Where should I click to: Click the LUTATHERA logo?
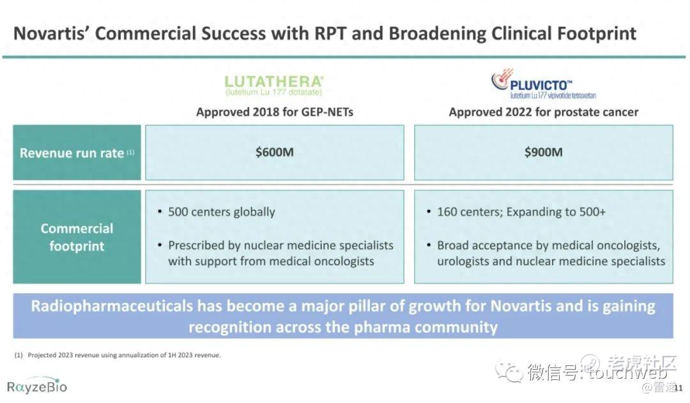pyautogui.click(x=274, y=86)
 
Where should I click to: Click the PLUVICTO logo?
pyautogui.click(x=544, y=84)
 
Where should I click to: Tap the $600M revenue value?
pyautogui.click(x=275, y=152)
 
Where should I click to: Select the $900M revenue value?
pyautogui.click(x=544, y=152)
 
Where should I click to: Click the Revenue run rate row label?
pyautogui.click(x=77, y=153)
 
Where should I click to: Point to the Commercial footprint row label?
pyautogui.click(x=77, y=237)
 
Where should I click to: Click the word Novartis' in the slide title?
pyautogui.click(x=52, y=33)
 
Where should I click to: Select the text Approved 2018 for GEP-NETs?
pyautogui.click(x=275, y=112)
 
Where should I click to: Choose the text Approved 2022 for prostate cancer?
pyautogui.click(x=544, y=112)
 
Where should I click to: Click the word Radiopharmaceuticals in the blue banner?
pyautogui.click(x=112, y=306)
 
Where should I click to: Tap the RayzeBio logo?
pyautogui.click(x=37, y=386)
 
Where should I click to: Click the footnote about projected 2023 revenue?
pyautogui.click(x=118, y=355)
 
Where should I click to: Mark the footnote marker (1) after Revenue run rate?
pyautogui.click(x=130, y=152)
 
